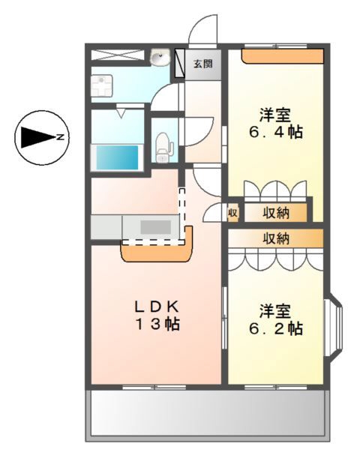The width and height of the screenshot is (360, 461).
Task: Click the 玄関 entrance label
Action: click(203, 64)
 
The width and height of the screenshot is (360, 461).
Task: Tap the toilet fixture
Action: click(163, 148)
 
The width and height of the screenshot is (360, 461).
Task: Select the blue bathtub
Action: click(117, 157)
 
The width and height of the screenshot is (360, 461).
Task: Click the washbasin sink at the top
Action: click(160, 57)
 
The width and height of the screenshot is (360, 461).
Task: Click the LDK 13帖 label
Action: click(157, 316)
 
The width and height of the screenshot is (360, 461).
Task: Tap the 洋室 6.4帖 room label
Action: click(275, 124)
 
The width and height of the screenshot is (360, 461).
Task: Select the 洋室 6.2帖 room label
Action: click(275, 320)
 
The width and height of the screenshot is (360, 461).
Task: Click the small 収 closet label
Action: click(233, 213)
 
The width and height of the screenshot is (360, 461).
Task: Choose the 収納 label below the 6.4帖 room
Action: click(275, 213)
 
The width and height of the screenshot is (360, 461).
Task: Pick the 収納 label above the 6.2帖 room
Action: click(275, 238)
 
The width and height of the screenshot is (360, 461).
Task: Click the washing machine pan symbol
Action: click(101, 85)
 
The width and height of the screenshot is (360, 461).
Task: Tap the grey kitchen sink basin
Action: click(155, 227)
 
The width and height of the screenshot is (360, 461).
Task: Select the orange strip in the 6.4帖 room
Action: click(283, 56)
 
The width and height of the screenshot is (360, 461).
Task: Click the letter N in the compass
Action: click(61, 137)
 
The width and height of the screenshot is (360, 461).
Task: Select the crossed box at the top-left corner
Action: click(118, 55)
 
